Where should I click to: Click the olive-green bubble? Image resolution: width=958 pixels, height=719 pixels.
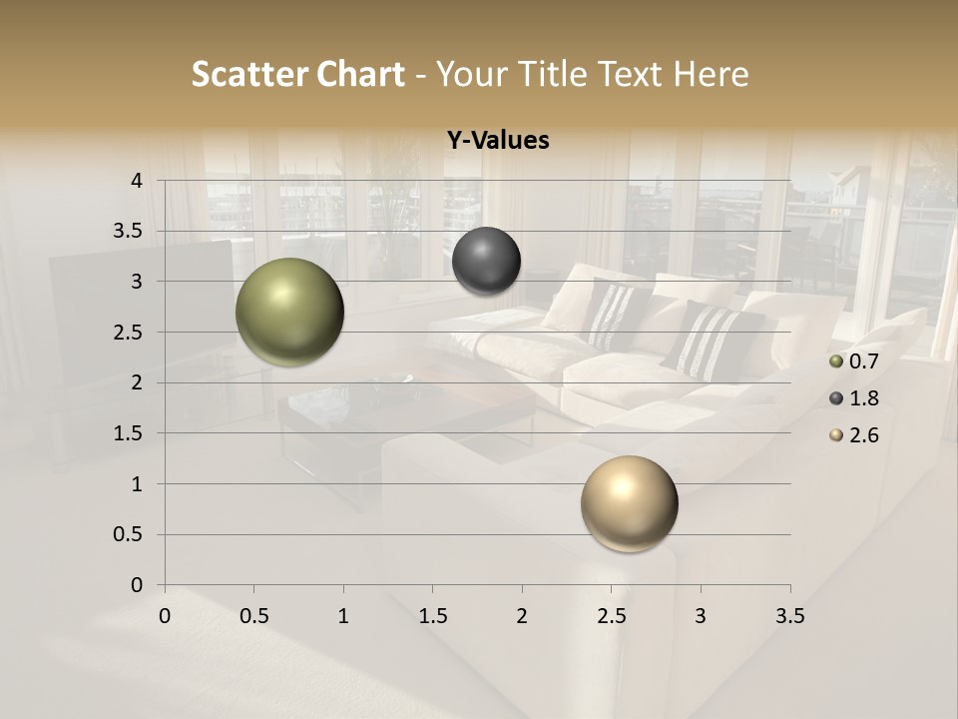(x=289, y=312)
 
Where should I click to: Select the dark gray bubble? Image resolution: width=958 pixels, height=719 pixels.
(x=486, y=261)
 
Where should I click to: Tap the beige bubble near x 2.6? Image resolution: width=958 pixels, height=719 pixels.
(x=629, y=503)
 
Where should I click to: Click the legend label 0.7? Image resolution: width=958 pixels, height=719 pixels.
(x=863, y=361)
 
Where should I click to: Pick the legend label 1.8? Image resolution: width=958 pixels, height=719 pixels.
(x=863, y=398)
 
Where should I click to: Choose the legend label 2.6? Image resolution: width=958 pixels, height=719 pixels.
(x=863, y=435)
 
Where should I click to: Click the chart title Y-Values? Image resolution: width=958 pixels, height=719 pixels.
(x=497, y=141)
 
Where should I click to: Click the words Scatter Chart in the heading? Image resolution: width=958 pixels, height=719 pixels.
(x=297, y=74)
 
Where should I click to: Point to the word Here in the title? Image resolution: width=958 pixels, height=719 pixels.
(x=710, y=74)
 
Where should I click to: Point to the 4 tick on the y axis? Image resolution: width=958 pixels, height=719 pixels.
(x=137, y=180)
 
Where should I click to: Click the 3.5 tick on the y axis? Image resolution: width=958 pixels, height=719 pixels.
(x=130, y=231)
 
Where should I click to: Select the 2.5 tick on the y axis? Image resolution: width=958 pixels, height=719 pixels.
(x=130, y=332)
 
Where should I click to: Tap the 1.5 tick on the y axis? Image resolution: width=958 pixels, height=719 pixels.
(x=130, y=433)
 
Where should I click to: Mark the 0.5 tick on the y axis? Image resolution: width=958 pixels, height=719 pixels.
(x=130, y=534)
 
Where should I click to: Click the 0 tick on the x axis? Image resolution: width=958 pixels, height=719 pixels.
(x=165, y=616)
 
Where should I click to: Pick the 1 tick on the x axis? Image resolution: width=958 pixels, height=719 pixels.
(x=343, y=616)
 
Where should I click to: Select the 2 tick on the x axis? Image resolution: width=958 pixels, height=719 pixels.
(x=522, y=616)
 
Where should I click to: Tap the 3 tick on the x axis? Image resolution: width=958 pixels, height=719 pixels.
(x=701, y=616)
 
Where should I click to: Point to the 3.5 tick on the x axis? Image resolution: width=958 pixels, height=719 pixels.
(x=789, y=616)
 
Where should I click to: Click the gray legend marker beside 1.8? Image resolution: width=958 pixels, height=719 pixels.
(x=836, y=398)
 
